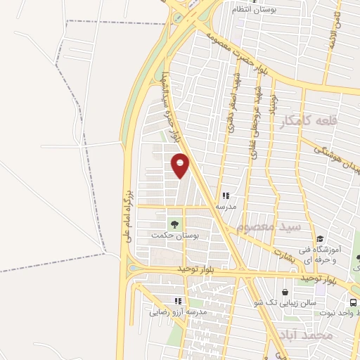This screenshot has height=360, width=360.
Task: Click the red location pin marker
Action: (x=181, y=165)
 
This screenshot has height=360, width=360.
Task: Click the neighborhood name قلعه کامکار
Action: (x=309, y=121)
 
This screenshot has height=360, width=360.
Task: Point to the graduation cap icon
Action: (x=320, y=238)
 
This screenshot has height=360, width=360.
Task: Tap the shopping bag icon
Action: (x=285, y=292)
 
